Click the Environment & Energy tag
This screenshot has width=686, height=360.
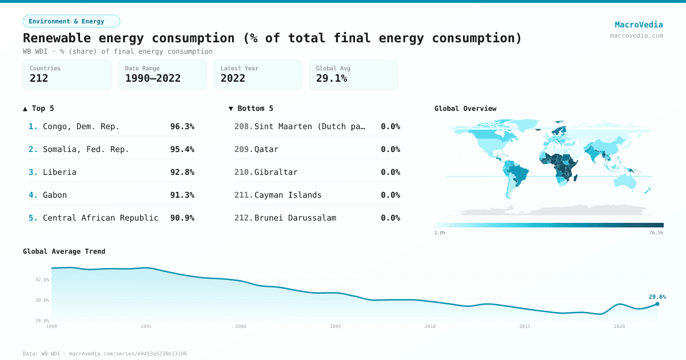(71, 21)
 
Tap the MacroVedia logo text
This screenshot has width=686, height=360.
(639, 25)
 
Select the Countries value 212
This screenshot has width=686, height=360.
(39, 79)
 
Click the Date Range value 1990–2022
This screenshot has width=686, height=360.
(153, 79)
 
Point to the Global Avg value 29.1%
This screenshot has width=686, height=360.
(332, 79)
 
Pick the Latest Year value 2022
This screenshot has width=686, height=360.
(233, 79)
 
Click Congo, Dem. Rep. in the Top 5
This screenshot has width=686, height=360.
(81, 126)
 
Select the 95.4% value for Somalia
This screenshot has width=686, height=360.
(182, 149)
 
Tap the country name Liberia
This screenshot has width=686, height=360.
(59, 172)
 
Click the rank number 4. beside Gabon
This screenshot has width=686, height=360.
(33, 195)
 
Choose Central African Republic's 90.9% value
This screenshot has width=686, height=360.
(182, 218)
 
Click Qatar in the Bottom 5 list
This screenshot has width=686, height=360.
(266, 149)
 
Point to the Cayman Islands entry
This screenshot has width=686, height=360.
(288, 195)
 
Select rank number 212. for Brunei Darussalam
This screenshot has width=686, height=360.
(244, 218)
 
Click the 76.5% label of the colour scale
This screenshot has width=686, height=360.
(656, 233)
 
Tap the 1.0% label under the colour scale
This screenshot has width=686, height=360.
(440, 233)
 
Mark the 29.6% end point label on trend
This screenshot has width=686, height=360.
(657, 297)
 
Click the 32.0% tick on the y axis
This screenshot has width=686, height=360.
(42, 280)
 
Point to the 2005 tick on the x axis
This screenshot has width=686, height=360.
(335, 326)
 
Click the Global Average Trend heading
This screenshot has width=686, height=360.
(64, 251)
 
